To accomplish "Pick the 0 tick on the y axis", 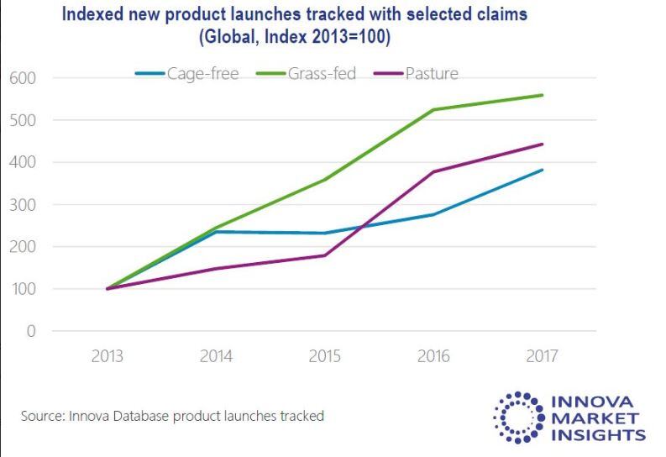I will tap(31, 332).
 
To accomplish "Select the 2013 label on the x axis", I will tap(108, 356).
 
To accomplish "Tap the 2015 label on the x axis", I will tap(325, 356).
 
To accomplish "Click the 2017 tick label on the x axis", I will tap(542, 356).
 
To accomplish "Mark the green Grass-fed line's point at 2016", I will tap(433, 110).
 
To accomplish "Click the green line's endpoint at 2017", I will tap(542, 95).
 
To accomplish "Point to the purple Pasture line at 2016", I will tap(433, 172).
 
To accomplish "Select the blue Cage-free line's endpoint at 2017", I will tap(542, 170).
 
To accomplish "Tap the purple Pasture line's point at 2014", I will tap(216, 269).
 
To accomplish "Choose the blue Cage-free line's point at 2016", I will tap(433, 215).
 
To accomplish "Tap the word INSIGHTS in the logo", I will tap(597, 434).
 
